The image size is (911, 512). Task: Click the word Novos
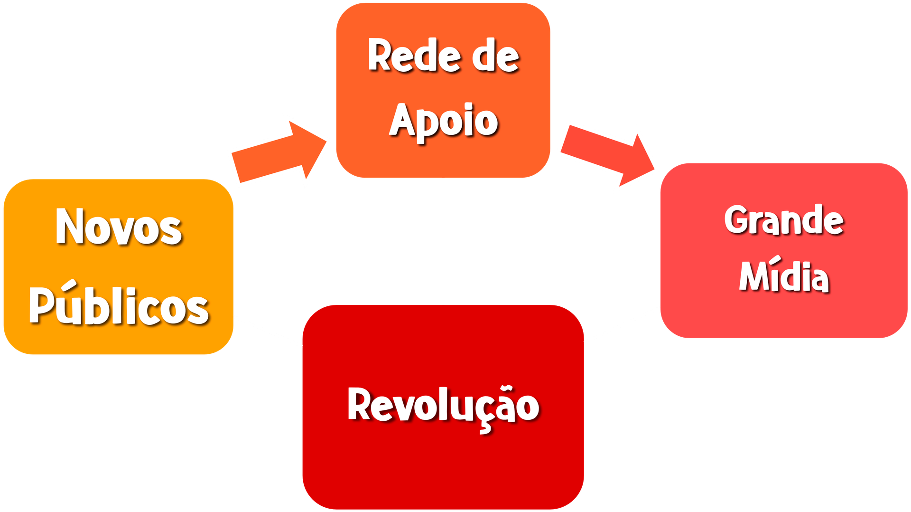tap(119, 227)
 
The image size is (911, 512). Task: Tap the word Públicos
tap(119, 306)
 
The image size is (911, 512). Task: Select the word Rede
tap(414, 56)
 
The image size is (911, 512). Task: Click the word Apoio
tap(443, 120)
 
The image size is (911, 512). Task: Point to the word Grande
tap(784, 220)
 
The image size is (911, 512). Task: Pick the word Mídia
tap(784, 277)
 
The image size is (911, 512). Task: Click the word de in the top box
tap(495, 57)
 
